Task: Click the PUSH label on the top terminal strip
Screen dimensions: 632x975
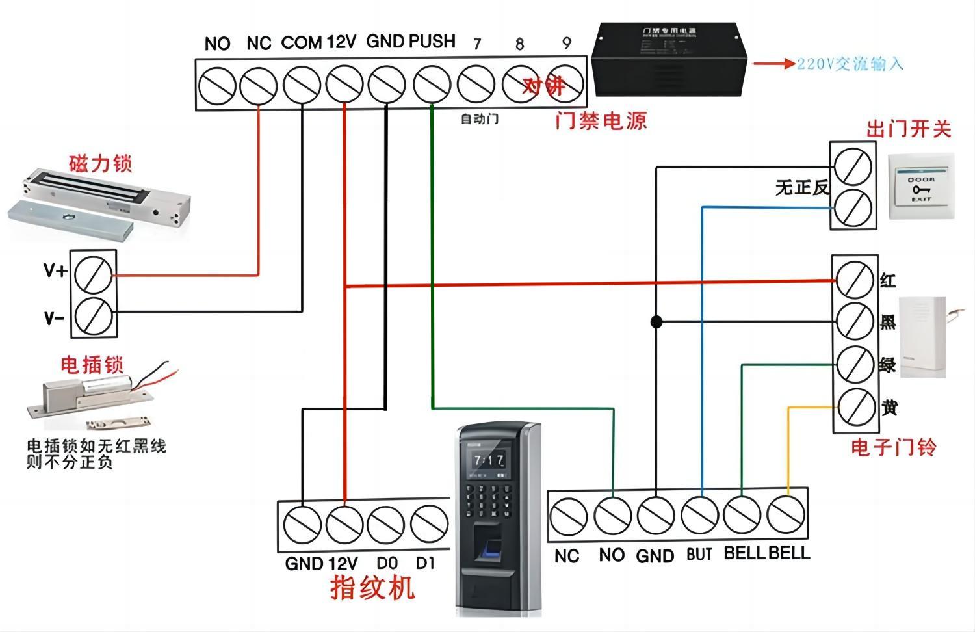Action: pyautogui.click(x=432, y=42)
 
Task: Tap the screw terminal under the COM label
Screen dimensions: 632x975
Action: pyautogui.click(x=302, y=85)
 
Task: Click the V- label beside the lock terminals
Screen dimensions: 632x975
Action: pyautogui.click(x=54, y=319)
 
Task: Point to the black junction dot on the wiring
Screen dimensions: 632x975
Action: pyautogui.click(x=656, y=322)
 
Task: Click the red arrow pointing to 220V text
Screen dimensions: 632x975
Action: pyautogui.click(x=773, y=64)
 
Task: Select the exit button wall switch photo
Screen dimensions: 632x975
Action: pyautogui.click(x=920, y=186)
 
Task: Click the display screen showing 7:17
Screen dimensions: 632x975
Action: pyautogui.click(x=489, y=460)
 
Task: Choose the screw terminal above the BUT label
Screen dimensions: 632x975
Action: pyautogui.click(x=699, y=515)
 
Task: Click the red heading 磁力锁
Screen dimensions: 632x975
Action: pyautogui.click(x=100, y=163)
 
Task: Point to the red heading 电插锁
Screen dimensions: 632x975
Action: pyautogui.click(x=92, y=365)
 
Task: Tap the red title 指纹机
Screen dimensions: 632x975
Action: pyautogui.click(x=372, y=588)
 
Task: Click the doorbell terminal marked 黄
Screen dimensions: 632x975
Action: pyautogui.click(x=855, y=407)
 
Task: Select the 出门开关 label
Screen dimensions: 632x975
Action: pyautogui.click(x=908, y=129)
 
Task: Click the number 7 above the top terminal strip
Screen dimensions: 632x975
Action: pyautogui.click(x=477, y=44)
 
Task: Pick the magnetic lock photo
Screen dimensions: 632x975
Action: pyautogui.click(x=97, y=202)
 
